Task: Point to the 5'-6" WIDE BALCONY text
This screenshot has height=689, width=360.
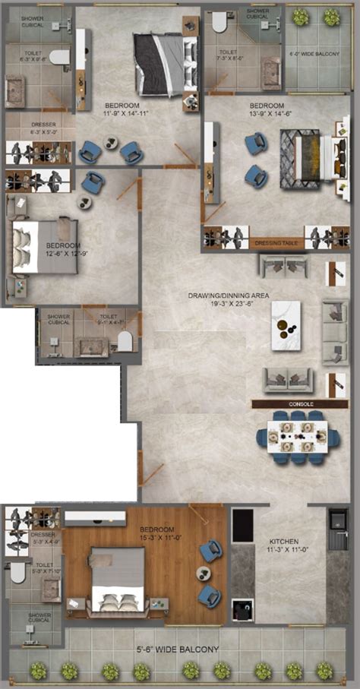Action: point(178,649)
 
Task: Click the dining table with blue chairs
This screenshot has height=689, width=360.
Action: point(298,437)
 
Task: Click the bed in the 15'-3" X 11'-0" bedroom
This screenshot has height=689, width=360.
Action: point(118,579)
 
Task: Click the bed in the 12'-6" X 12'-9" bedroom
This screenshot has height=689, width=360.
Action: point(43,245)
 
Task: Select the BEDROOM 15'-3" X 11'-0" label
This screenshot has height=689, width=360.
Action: point(157,533)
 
